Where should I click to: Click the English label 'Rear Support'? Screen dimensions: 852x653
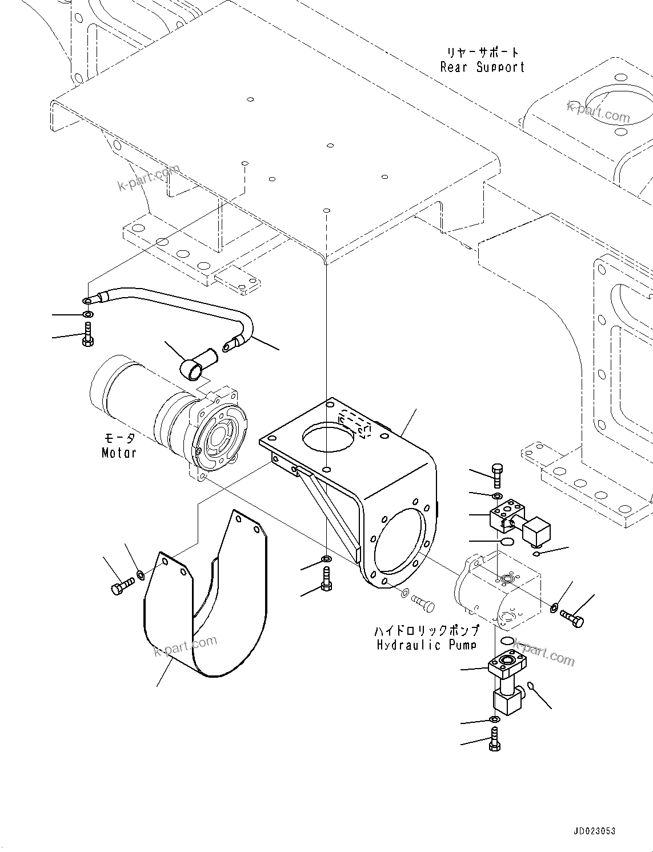[x=482, y=67]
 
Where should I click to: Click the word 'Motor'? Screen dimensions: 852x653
[x=119, y=453]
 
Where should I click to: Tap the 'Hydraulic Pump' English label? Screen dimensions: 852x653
[x=426, y=645]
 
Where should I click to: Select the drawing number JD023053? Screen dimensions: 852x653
[x=591, y=831]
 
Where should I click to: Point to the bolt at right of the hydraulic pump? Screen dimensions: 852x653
[x=572, y=618]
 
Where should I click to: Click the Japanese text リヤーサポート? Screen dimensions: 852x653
[x=483, y=53]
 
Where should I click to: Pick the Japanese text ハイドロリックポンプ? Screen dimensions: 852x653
[x=426, y=631]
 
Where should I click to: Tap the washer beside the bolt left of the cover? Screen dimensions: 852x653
[x=141, y=573]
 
